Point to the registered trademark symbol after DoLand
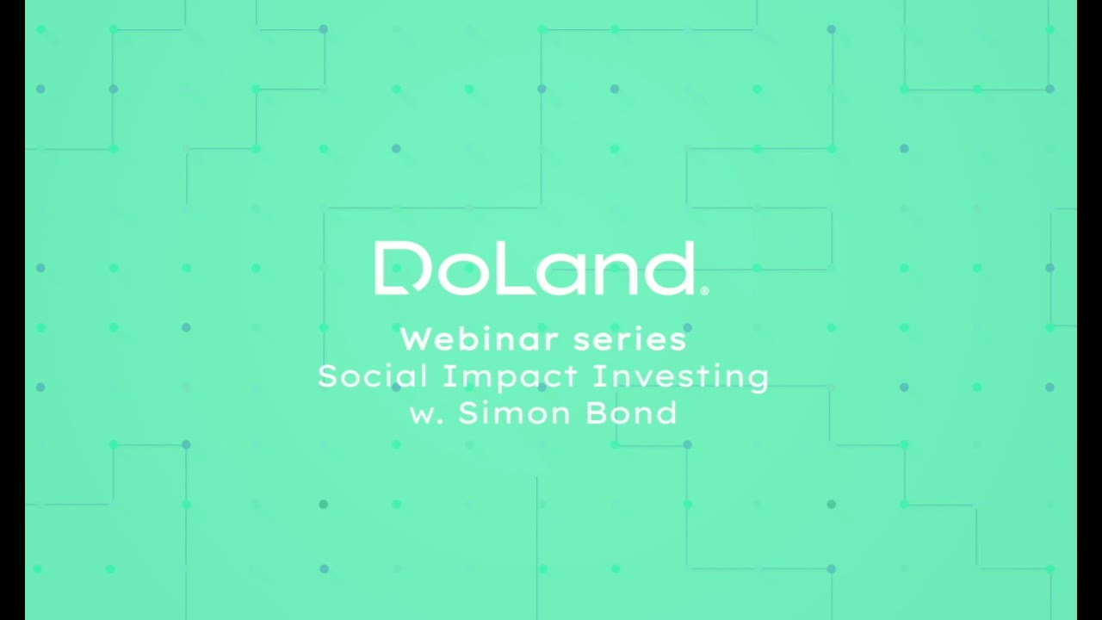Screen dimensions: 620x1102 click(x=705, y=291)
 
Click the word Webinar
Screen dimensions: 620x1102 click(x=468, y=339)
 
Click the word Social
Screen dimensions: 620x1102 click(x=373, y=376)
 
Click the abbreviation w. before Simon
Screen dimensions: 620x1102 click(x=426, y=414)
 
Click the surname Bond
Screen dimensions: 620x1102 click(x=631, y=413)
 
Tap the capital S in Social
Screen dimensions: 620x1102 click(x=327, y=376)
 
